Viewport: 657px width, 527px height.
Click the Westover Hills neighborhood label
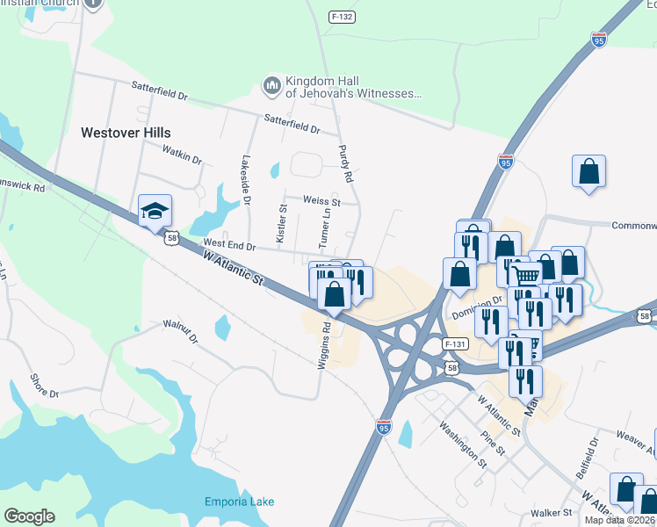[x=126, y=133]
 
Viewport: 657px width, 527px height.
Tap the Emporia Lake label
[x=240, y=502]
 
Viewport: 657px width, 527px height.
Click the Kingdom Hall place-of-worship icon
[x=271, y=84]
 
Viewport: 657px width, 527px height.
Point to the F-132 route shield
[x=342, y=17]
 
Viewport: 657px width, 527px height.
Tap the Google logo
[x=29, y=516]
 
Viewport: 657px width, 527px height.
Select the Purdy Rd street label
[x=346, y=163]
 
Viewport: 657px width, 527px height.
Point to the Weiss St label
[x=321, y=201]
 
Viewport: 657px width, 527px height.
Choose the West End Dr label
[x=228, y=244]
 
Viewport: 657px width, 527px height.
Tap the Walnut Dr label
[x=181, y=331]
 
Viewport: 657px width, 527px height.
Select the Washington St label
[x=463, y=442]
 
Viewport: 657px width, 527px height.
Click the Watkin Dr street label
[x=182, y=155]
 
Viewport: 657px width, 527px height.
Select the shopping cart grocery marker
[x=525, y=275]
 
